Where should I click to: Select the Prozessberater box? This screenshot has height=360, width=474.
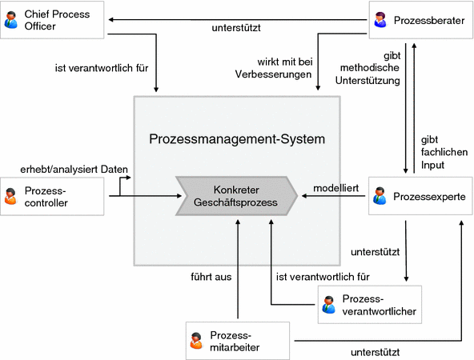click(419, 20)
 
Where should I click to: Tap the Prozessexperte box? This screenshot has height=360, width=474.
click(419, 196)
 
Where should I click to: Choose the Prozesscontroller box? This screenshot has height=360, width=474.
click(54, 196)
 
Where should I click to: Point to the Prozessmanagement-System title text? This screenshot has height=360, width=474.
click(237, 139)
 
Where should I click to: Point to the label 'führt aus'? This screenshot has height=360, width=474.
click(211, 278)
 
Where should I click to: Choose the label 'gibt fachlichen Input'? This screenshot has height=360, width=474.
click(443, 151)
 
